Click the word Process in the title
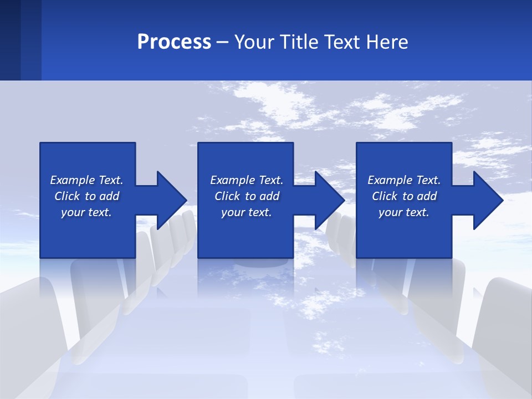(x=174, y=42)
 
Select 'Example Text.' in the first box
(x=86, y=180)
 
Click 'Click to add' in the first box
(x=86, y=196)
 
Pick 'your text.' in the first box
(x=86, y=212)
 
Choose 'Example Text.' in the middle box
(x=247, y=180)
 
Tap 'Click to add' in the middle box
(x=247, y=196)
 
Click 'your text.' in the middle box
(x=247, y=212)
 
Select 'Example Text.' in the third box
(x=404, y=180)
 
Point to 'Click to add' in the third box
(x=404, y=196)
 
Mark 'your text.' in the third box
(x=404, y=212)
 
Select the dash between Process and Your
(x=223, y=42)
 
